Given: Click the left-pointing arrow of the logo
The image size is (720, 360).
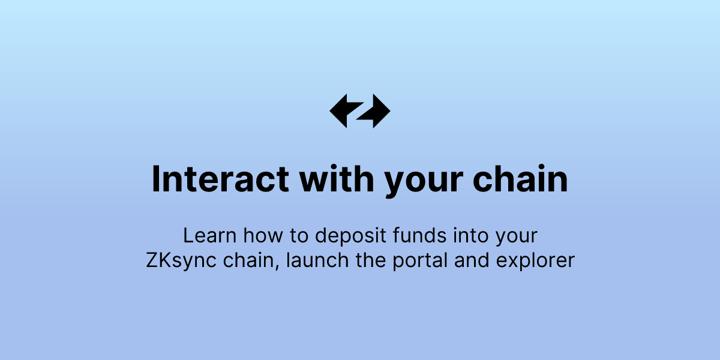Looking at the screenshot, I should pos(343,110).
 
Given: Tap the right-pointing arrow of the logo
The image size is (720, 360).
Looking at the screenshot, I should pos(377,111).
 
